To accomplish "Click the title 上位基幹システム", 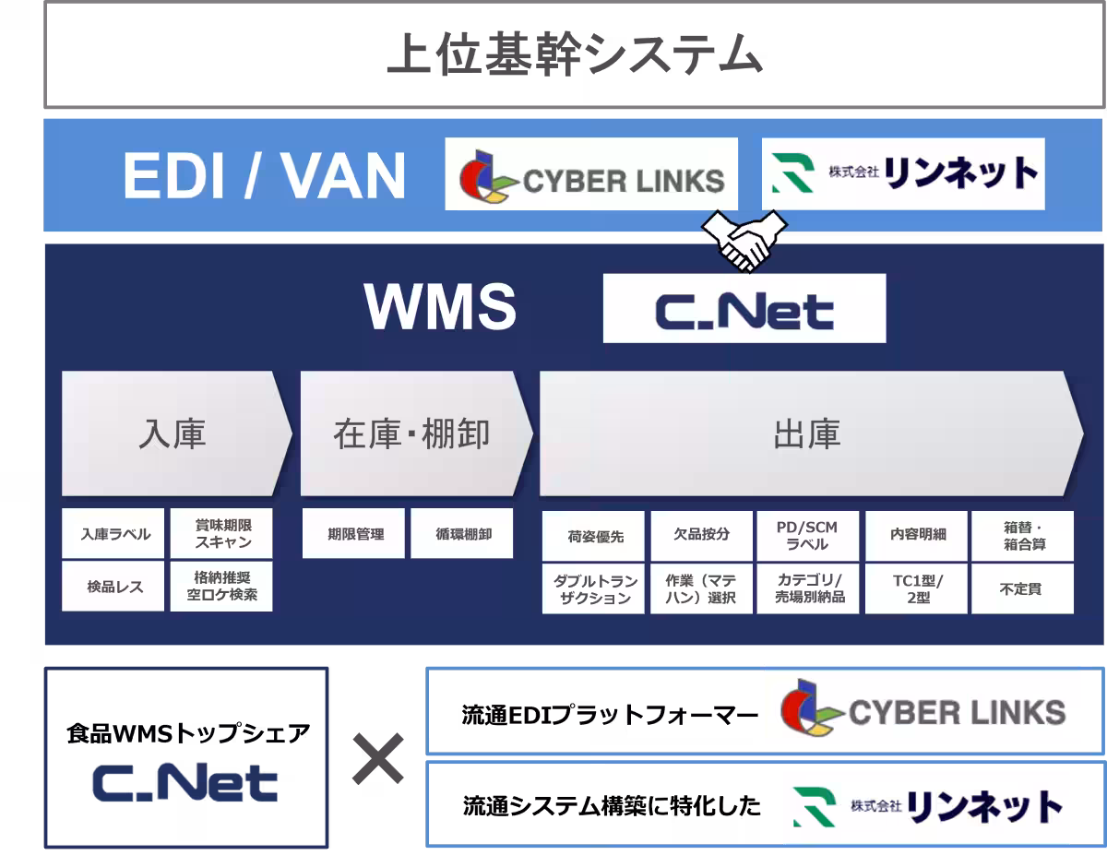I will [x=574, y=56].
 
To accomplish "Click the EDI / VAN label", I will [x=265, y=175].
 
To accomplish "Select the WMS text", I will [x=440, y=307].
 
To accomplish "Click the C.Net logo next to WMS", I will [x=744, y=309].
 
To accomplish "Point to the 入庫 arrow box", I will [x=173, y=433].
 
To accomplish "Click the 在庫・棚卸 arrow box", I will [x=411, y=433].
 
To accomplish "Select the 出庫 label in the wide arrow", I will [x=807, y=434].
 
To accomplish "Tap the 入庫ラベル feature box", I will [x=113, y=534].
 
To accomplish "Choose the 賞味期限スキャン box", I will [x=222, y=534].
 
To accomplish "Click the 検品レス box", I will [x=113, y=587].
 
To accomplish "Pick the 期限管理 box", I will [x=354, y=534].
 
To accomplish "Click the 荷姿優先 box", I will [x=595, y=536].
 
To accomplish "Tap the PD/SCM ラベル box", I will [x=808, y=536].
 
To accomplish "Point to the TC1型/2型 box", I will [x=917, y=588].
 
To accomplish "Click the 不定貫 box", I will [x=1022, y=588].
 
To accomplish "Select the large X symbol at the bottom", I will [x=378, y=758].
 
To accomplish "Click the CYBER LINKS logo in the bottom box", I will [x=922, y=708].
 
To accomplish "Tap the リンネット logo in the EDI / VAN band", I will [x=903, y=173].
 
